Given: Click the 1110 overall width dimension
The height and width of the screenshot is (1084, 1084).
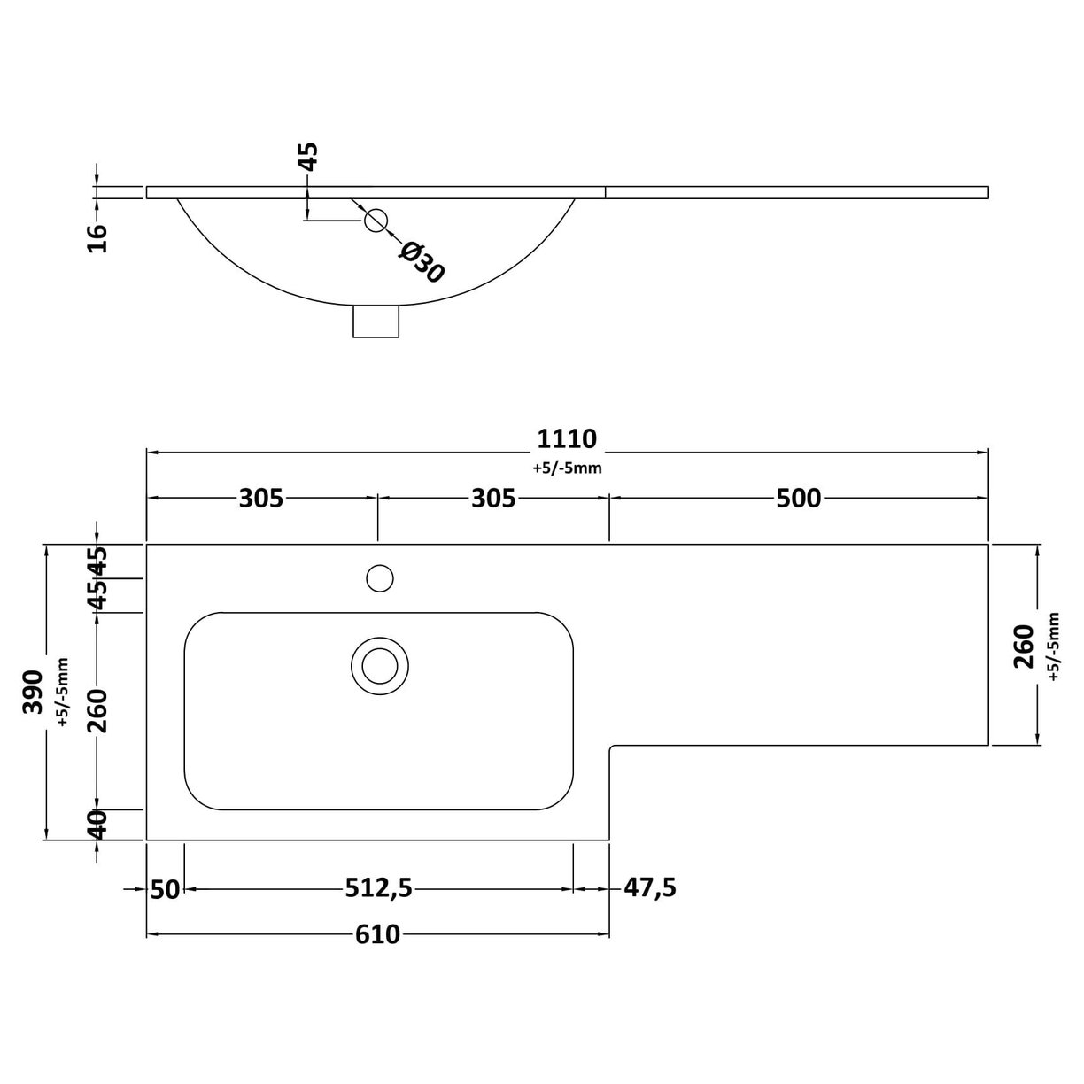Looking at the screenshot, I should (567, 438).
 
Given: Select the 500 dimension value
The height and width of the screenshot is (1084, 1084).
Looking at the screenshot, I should (798, 499).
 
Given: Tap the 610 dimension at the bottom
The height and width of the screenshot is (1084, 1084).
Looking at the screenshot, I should (378, 934).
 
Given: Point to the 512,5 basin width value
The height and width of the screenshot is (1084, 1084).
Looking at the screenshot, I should (378, 888).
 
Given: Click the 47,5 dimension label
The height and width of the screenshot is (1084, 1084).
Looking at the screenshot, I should (650, 888).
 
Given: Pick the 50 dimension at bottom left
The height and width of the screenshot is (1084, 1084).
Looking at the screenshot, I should (166, 888).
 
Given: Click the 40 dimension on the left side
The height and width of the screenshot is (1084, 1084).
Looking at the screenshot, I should (97, 825).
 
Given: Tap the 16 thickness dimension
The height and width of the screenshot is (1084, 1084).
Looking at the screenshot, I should (97, 236).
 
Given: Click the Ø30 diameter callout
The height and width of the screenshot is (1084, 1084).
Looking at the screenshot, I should (422, 262).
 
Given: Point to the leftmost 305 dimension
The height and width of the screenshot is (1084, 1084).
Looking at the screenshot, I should (261, 499).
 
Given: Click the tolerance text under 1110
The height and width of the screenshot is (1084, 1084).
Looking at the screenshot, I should (567, 468).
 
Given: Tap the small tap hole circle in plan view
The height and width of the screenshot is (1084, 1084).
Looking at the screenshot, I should (380, 577).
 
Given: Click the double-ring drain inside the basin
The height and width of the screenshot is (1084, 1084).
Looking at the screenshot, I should (380, 665).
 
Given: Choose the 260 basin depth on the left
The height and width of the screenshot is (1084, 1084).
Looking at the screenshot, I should (97, 708).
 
